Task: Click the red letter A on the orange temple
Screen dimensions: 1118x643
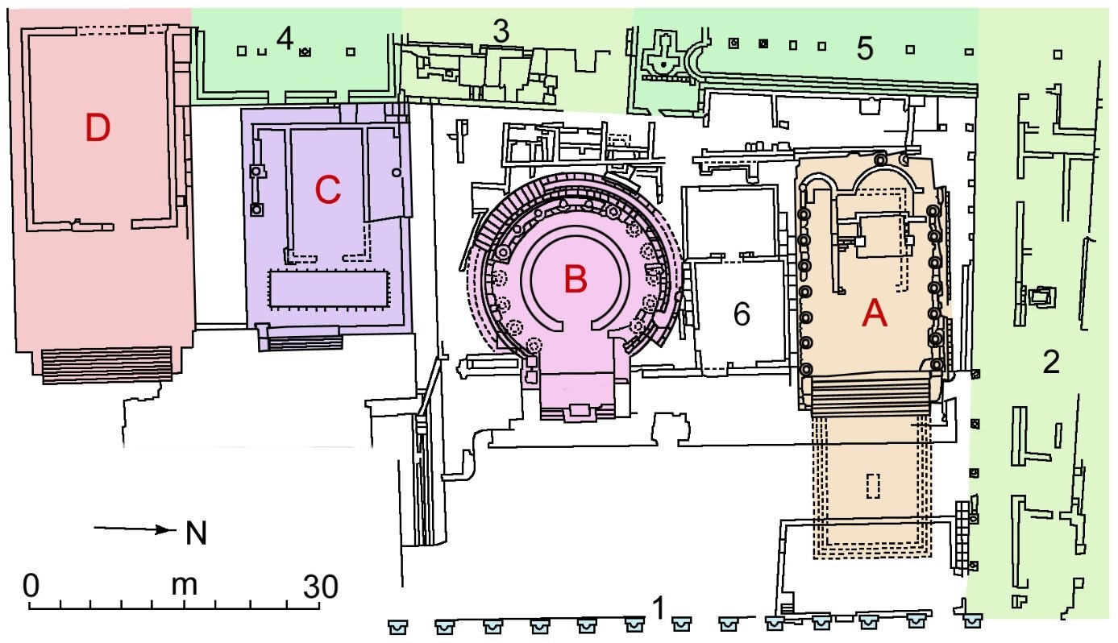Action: click(875, 313)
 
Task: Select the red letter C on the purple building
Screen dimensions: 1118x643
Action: click(328, 190)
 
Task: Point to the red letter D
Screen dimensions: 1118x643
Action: click(98, 127)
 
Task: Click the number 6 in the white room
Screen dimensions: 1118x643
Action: click(742, 313)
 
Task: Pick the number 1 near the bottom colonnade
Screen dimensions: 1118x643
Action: click(659, 608)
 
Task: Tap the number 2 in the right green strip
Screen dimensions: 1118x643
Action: click(1051, 362)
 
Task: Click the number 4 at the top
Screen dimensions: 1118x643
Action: click(285, 39)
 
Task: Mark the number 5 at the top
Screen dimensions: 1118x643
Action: click(865, 49)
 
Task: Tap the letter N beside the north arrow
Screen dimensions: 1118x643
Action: click(196, 533)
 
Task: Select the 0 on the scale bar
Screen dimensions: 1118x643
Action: click(31, 585)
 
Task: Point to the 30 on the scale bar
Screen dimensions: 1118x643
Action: click(321, 587)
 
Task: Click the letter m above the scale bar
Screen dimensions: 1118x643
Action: click(184, 586)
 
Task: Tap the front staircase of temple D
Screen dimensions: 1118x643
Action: click(106, 366)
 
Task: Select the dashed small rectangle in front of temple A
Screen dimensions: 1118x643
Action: click(872, 485)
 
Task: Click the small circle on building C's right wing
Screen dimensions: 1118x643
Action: click(397, 172)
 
